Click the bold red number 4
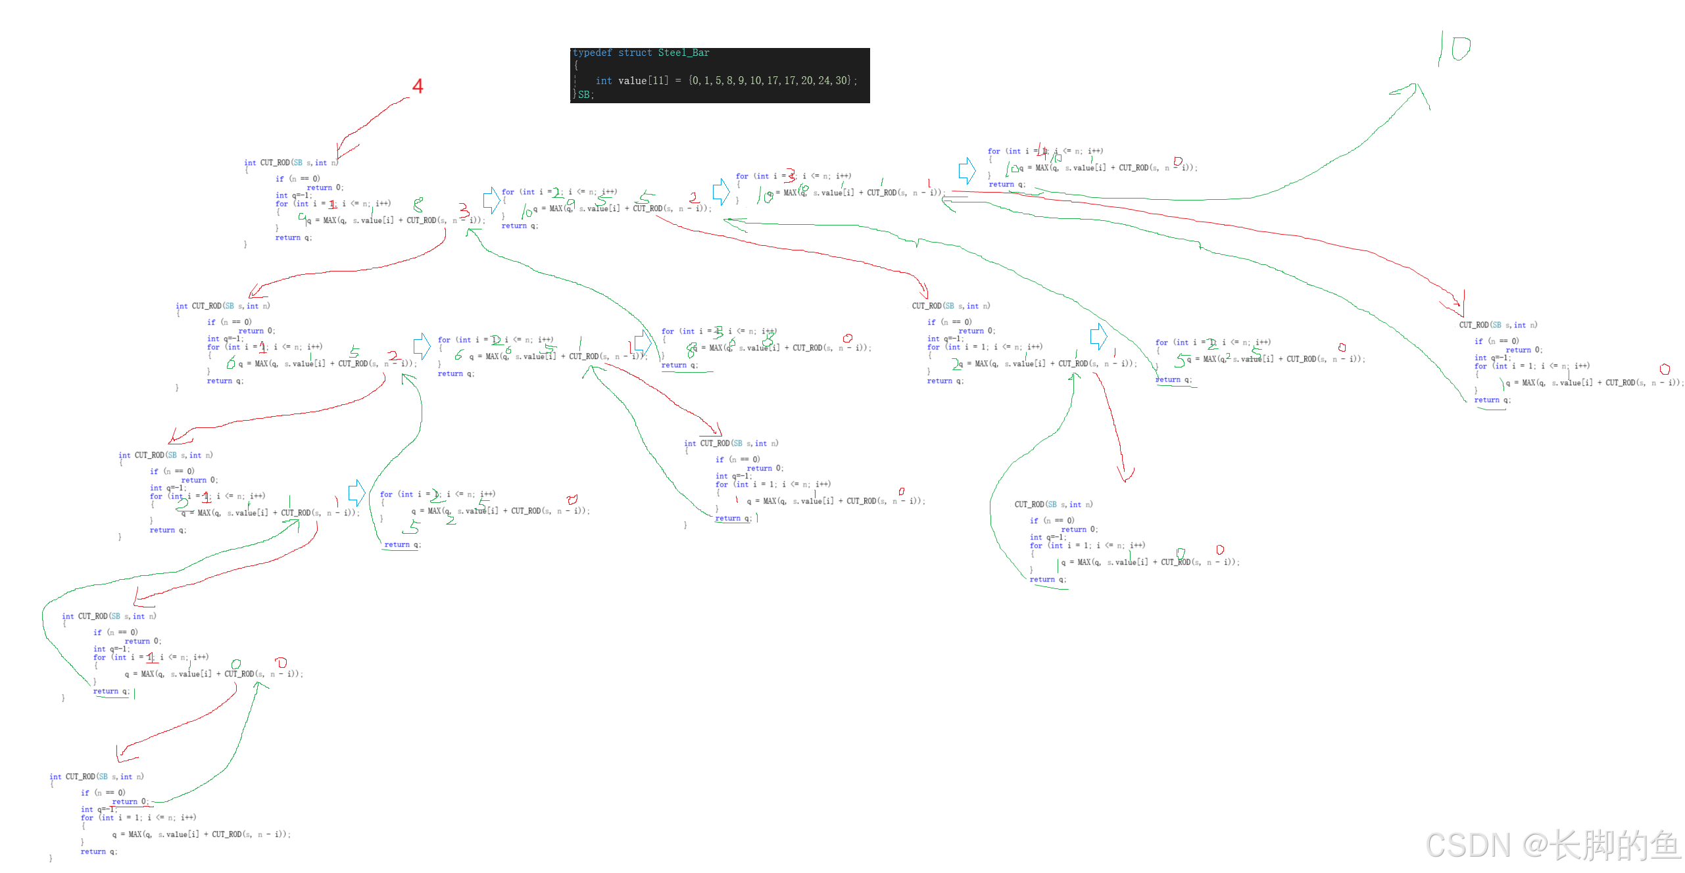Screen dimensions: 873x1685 click(x=418, y=87)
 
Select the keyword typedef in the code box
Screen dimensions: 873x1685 click(x=592, y=53)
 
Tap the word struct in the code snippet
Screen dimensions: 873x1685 click(x=635, y=53)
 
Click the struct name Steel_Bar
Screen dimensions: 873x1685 click(x=683, y=53)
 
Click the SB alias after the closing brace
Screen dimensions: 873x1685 click(x=584, y=95)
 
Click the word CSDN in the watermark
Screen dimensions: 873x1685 click(x=1467, y=845)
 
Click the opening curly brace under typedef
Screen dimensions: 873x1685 click(x=576, y=66)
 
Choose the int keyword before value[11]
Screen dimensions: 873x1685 click(x=603, y=80)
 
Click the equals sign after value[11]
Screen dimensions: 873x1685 click(x=678, y=80)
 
